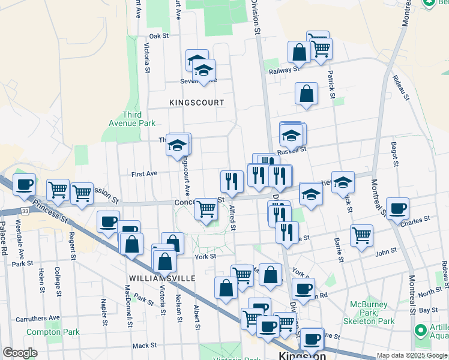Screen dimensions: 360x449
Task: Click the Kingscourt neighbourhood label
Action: click(x=196, y=103)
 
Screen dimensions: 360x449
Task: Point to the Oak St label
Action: click(x=160, y=36)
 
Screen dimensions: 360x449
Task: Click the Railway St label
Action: click(x=284, y=70)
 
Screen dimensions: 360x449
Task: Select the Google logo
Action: click(x=20, y=353)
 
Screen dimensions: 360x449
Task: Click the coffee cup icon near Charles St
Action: click(x=397, y=208)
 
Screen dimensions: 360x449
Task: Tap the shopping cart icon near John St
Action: click(x=361, y=235)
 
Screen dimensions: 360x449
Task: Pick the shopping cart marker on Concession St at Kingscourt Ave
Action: click(x=206, y=209)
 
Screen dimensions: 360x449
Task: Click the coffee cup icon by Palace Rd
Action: click(x=24, y=184)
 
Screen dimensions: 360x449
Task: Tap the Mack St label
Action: click(x=144, y=346)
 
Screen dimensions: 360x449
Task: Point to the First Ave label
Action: click(x=144, y=173)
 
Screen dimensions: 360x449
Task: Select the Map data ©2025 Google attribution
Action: click(x=412, y=355)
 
